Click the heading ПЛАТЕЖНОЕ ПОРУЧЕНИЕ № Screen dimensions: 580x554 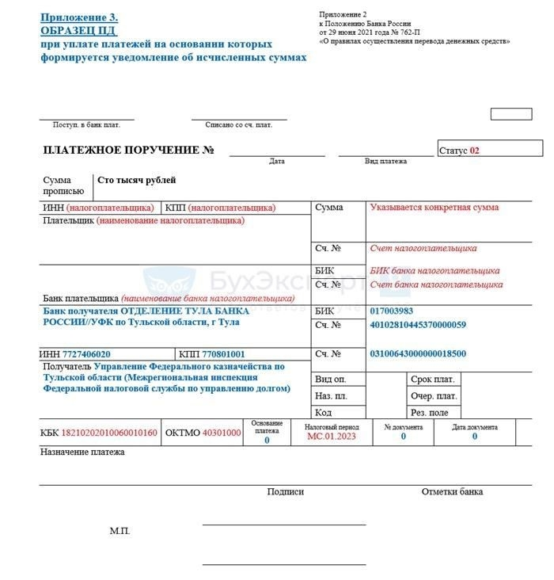[129, 150]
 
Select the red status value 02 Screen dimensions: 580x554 [475, 150]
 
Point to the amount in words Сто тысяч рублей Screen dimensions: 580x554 [136, 181]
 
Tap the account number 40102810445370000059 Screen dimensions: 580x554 [418, 325]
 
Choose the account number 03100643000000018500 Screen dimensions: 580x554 [418, 353]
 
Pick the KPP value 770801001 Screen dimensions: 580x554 [223, 354]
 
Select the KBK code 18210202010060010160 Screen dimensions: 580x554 [109, 433]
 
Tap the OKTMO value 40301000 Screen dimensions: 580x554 [222, 433]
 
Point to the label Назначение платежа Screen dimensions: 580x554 [82, 452]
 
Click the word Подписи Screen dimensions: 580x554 [286, 491]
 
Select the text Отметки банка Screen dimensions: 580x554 [452, 491]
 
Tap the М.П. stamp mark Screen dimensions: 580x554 [120, 531]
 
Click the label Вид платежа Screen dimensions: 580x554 [385, 162]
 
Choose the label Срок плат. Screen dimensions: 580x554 [432, 380]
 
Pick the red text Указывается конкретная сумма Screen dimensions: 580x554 [434, 208]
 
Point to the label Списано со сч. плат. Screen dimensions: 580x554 [238, 125]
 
